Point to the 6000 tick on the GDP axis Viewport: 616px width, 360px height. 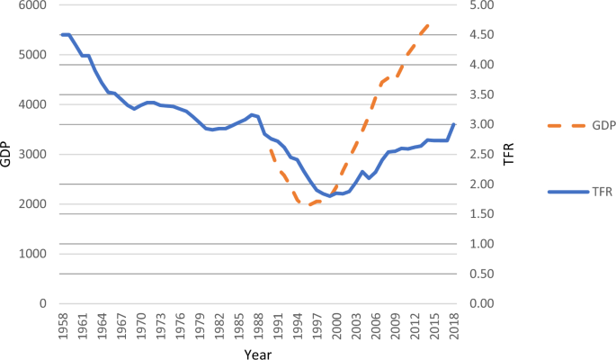click(x=33, y=5)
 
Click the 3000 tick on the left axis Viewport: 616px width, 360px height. click(x=33, y=155)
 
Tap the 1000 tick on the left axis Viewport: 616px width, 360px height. click(x=33, y=255)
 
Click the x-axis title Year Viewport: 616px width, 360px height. click(x=257, y=353)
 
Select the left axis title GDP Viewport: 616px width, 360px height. click(x=7, y=155)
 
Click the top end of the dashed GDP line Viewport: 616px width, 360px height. click(x=430, y=25)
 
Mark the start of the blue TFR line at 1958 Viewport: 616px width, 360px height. click(x=61, y=34)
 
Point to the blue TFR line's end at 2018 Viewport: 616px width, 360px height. click(x=455, y=124)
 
